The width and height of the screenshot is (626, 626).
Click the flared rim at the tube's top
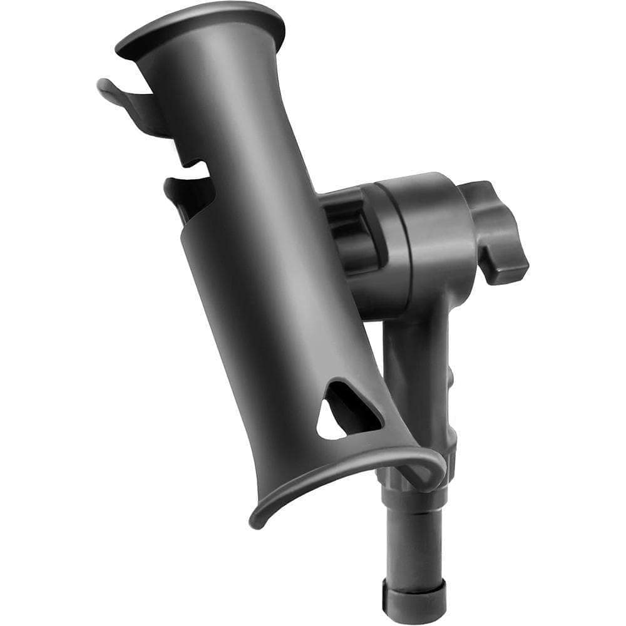click(200, 25)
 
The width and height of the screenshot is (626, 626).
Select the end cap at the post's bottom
click(414, 600)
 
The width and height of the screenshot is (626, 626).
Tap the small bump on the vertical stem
click(450, 376)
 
